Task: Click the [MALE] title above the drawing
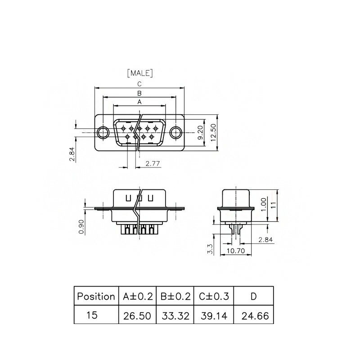pos(140,73)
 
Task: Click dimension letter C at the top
pos(139,84)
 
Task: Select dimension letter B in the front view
pos(139,93)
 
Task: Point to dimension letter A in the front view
pos(139,102)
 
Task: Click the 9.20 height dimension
pos(200,133)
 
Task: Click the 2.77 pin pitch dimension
pos(153,163)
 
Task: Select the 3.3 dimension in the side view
pos(210,249)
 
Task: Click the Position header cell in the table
pos(96,296)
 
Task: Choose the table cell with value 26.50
pos(137,315)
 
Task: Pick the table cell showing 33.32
pos(175,315)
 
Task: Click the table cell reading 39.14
pos(214,315)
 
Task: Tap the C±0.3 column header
pos(214,296)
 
